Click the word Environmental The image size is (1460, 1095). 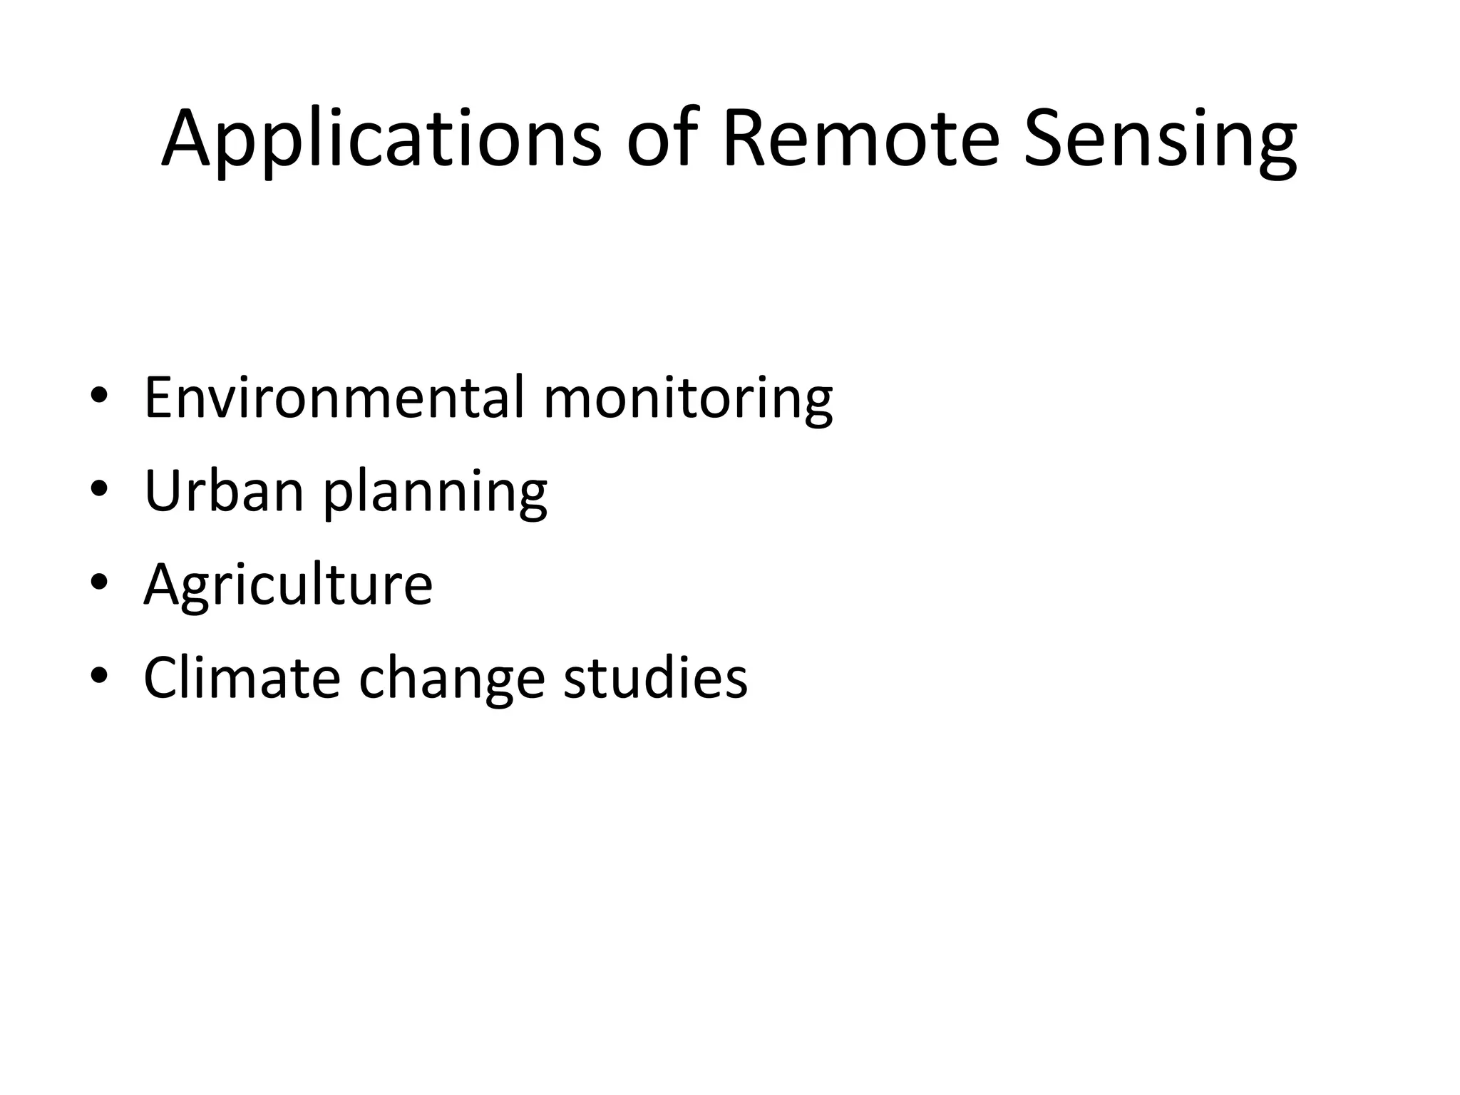coord(334,396)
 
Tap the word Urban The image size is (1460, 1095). coord(224,490)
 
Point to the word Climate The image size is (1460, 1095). coord(242,677)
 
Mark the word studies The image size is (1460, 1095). coord(655,677)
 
